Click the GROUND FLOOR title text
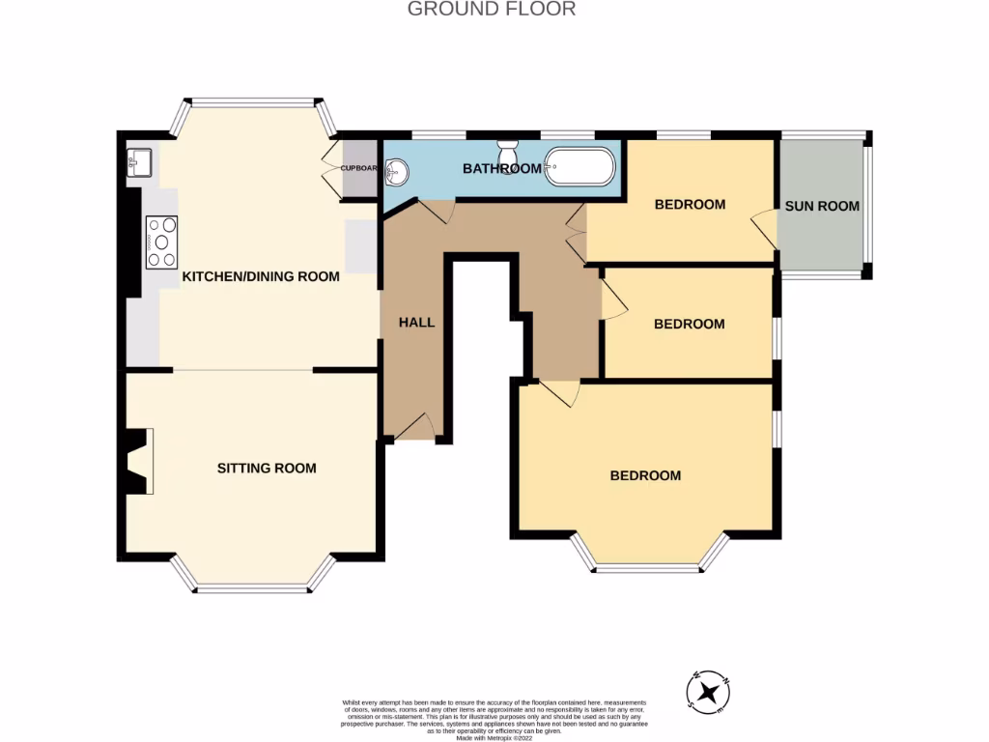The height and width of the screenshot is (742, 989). (x=492, y=10)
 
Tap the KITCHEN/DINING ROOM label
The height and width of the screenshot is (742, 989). (x=261, y=276)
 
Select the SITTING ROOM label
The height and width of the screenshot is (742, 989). (x=266, y=469)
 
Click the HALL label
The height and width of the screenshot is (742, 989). (x=417, y=322)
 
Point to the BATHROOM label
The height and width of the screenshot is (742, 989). (x=501, y=169)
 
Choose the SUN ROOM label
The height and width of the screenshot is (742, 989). (x=822, y=206)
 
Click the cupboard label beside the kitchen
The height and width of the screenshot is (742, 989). (x=358, y=168)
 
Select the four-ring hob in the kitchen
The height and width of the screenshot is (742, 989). (x=161, y=242)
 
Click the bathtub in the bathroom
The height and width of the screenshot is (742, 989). (x=579, y=167)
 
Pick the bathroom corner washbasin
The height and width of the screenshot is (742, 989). (x=397, y=173)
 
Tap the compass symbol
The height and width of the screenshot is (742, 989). (x=709, y=691)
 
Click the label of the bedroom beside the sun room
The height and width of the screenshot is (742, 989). (x=690, y=204)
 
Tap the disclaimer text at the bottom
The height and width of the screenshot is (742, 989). (x=494, y=720)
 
